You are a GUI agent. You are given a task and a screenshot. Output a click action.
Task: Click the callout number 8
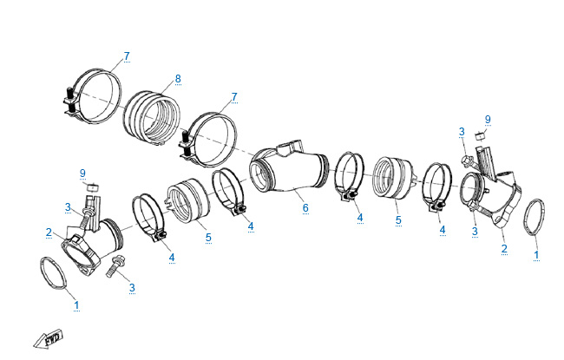[178, 79]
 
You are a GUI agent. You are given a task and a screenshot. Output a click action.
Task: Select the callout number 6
[305, 208]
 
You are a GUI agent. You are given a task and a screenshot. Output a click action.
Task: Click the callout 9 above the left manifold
[82, 173]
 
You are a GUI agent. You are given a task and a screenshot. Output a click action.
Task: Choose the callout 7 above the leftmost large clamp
[126, 56]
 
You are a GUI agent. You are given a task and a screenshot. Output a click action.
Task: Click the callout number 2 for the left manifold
[49, 232]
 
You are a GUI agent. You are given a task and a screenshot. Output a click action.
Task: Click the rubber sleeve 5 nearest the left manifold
[186, 201]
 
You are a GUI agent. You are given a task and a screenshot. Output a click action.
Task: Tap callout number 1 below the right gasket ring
[535, 256]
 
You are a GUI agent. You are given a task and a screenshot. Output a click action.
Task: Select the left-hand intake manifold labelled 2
[90, 245]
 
